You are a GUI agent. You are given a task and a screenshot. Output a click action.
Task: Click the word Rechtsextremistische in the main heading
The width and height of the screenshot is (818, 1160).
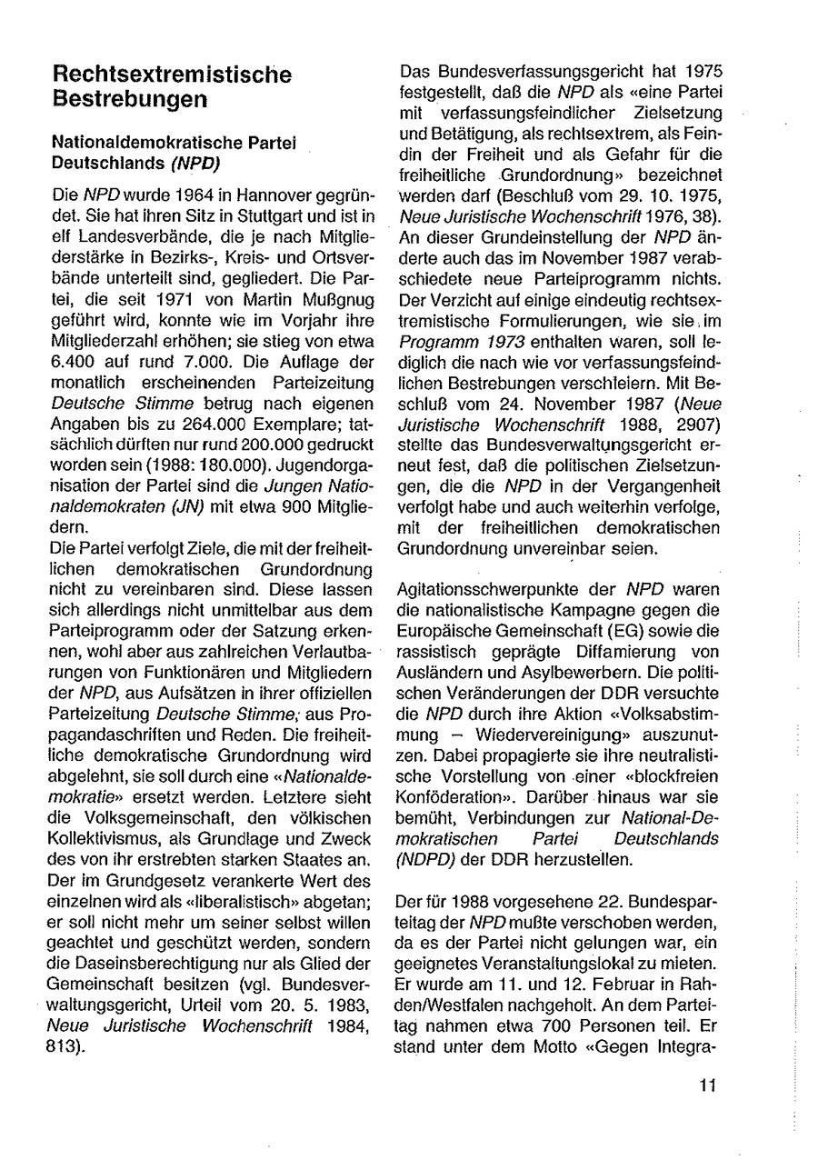pyautogui.click(x=173, y=74)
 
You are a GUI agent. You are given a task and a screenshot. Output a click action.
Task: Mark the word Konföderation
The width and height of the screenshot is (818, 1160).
pyautogui.click(x=445, y=799)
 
